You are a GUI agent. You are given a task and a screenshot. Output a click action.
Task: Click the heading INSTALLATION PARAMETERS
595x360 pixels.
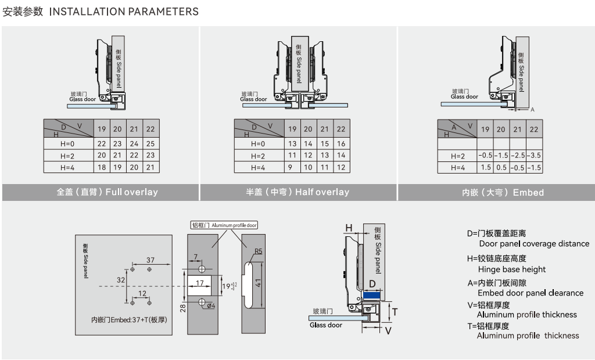click(x=124, y=12)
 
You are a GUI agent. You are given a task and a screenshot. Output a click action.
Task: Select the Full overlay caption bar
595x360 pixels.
click(x=100, y=192)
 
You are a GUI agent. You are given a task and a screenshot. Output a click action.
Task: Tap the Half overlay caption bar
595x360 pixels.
click(x=297, y=192)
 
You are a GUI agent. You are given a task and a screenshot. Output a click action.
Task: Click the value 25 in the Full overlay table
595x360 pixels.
click(x=150, y=143)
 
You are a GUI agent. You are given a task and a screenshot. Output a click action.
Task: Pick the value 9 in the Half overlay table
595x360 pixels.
click(x=292, y=167)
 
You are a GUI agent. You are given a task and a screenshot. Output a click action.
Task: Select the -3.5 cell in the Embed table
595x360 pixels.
click(x=535, y=156)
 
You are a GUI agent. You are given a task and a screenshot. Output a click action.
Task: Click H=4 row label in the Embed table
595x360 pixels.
click(x=458, y=168)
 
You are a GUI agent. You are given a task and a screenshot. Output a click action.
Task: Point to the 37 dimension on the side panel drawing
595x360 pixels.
click(x=150, y=260)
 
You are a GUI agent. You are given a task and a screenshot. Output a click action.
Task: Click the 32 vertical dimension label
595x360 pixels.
click(x=120, y=279)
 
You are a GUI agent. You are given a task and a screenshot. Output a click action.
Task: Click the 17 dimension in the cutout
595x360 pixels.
click(x=199, y=283)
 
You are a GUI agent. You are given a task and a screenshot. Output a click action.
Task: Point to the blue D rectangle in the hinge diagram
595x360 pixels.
click(x=372, y=295)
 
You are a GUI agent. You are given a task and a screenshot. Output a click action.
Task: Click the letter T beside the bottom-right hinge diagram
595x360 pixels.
click(x=395, y=312)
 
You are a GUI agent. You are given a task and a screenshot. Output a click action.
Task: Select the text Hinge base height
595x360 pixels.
click(x=512, y=269)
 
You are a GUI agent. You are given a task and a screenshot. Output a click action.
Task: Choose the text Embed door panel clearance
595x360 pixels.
click(x=530, y=293)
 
